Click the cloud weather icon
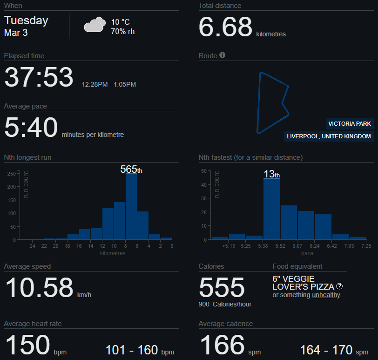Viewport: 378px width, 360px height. (94, 25)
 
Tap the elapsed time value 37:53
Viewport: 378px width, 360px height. (39, 77)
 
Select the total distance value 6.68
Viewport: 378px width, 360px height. (225, 27)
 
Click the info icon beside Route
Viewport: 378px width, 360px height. (223, 55)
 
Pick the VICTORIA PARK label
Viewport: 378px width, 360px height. (350, 124)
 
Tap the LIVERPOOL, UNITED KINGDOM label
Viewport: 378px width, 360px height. (329, 136)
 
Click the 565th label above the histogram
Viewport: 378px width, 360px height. (131, 170)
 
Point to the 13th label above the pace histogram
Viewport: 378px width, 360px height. (271, 174)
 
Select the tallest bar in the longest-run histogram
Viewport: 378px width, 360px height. (131, 206)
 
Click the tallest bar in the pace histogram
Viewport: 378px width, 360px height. (271, 209)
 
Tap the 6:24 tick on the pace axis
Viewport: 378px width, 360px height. (307, 246)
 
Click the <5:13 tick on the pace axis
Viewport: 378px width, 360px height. (229, 246)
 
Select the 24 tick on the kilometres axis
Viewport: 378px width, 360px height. (32, 246)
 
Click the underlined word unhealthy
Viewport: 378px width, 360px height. (326, 295)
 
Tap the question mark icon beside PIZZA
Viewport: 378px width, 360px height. (339, 286)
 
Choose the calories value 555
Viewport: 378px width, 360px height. (222, 287)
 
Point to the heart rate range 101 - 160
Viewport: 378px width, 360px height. (133, 350)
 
